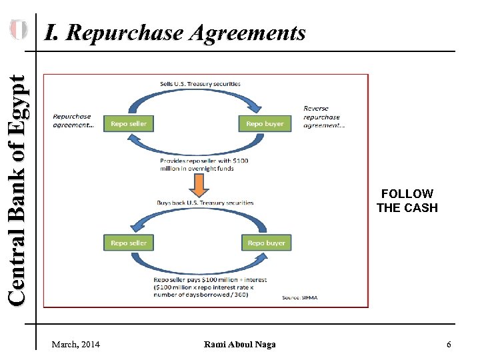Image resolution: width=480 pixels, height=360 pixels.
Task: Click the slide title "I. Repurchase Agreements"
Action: tap(175, 32)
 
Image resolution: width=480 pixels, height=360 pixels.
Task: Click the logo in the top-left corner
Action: tap(18, 29)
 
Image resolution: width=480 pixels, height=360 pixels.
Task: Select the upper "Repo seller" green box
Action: tap(129, 123)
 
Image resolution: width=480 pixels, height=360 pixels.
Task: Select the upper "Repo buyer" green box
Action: tap(265, 123)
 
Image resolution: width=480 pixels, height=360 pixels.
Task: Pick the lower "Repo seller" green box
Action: tap(129, 243)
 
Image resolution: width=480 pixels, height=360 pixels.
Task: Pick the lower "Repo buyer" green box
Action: tap(266, 243)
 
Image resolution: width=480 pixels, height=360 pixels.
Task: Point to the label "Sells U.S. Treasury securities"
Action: tap(200, 84)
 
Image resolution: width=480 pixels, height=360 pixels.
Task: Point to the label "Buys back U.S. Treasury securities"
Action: tap(205, 203)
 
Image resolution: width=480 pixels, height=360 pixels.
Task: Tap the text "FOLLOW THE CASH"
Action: tap(407, 201)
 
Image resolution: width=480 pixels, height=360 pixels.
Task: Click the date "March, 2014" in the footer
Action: tap(75, 344)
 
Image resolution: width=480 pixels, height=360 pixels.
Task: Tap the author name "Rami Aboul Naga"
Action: tap(240, 344)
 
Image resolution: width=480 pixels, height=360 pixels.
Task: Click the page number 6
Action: tap(449, 344)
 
